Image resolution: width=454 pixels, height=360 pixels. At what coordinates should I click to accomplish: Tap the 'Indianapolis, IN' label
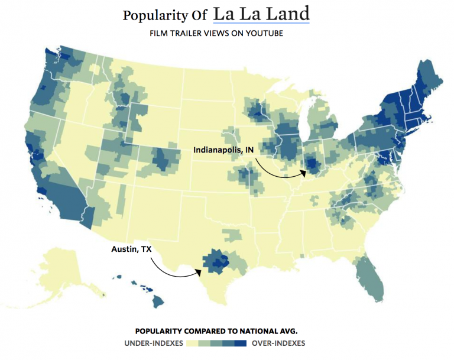223,150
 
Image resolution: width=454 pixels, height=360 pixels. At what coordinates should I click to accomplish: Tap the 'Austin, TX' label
131,249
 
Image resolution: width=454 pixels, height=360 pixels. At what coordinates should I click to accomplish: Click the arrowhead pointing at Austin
199,273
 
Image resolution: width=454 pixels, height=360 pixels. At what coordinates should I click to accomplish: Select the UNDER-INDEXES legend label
153,343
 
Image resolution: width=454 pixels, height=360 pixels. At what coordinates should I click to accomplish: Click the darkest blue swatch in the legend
240,343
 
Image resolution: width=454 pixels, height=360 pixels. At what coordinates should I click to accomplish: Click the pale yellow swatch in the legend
192,343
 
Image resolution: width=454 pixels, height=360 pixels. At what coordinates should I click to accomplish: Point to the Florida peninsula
370,278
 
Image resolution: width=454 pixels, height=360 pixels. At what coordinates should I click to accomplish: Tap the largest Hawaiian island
158,301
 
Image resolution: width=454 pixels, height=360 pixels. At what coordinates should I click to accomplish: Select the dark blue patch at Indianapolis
313,164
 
